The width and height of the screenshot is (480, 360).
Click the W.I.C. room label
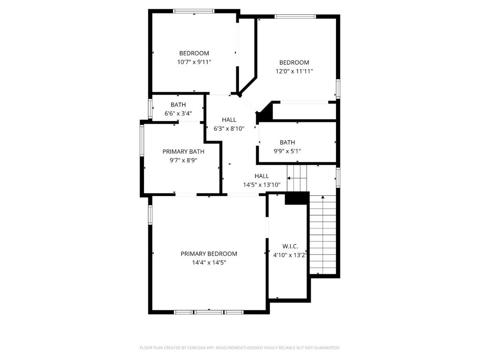click(290, 246)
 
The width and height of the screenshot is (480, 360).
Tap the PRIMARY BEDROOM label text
click(209, 254)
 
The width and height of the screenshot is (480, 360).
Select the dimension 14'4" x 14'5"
click(209, 262)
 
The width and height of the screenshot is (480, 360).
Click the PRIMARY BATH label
click(183, 151)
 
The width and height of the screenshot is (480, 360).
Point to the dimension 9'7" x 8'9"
click(183, 160)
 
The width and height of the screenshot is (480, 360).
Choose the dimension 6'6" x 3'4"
click(178, 113)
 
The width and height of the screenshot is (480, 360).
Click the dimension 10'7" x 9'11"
click(194, 62)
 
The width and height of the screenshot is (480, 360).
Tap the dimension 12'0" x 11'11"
click(294, 71)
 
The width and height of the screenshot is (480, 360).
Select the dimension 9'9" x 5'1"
click(287, 151)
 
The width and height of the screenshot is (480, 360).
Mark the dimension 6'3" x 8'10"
click(229, 128)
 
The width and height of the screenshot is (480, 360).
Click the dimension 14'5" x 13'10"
click(262, 185)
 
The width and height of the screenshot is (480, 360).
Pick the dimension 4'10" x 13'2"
click(290, 255)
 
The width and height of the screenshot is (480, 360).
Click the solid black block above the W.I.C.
click(297, 198)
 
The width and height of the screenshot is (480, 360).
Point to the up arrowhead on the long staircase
click(322, 197)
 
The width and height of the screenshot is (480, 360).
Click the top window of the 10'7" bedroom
click(194, 11)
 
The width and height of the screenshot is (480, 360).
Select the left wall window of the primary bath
click(142, 140)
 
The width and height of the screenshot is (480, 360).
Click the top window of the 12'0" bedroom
click(295, 16)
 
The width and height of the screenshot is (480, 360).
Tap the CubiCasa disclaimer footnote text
click(240, 348)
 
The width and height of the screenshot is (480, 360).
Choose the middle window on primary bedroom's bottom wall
click(209, 312)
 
